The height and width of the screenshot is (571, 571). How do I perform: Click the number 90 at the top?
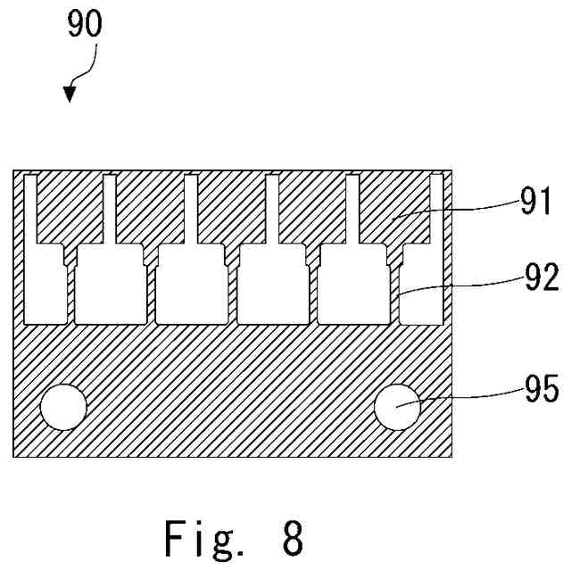pyautogui.click(x=85, y=25)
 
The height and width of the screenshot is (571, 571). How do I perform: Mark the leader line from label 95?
pyautogui.click(x=464, y=395)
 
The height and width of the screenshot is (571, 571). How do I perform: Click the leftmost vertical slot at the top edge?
pyautogui.click(x=30, y=210)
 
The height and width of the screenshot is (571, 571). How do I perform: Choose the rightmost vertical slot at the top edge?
pyautogui.click(x=436, y=210)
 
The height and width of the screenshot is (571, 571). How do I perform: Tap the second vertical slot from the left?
pyautogui.click(x=110, y=210)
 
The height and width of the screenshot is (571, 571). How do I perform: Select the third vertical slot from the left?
pyautogui.click(x=190, y=210)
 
